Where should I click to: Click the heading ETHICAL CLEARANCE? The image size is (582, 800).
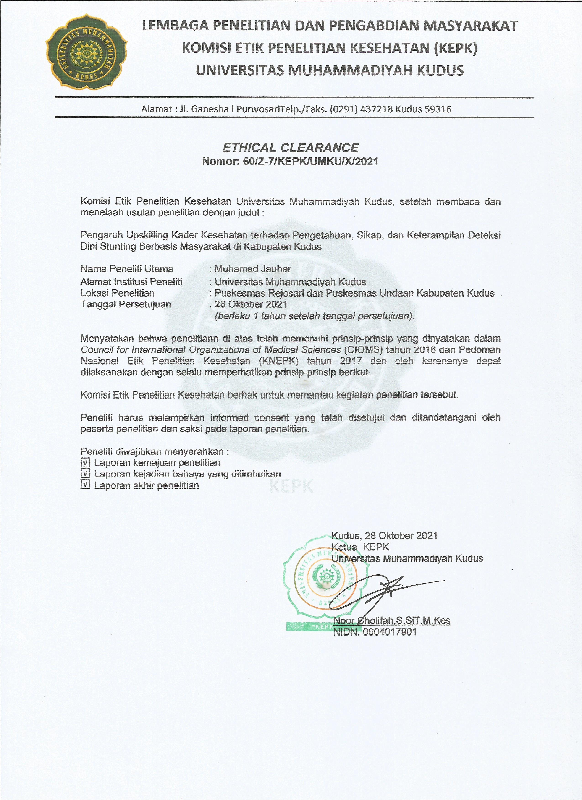291,147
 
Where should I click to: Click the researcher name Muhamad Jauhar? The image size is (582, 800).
253,269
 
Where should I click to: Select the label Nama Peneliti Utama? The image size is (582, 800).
127,269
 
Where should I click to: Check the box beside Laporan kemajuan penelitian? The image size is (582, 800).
85,462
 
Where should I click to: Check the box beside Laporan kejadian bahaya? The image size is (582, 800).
85,474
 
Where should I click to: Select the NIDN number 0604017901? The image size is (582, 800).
390,632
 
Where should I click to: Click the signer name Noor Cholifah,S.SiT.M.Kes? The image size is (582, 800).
392,620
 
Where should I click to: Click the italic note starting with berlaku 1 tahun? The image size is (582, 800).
314,316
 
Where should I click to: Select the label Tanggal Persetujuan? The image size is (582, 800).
126,304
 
